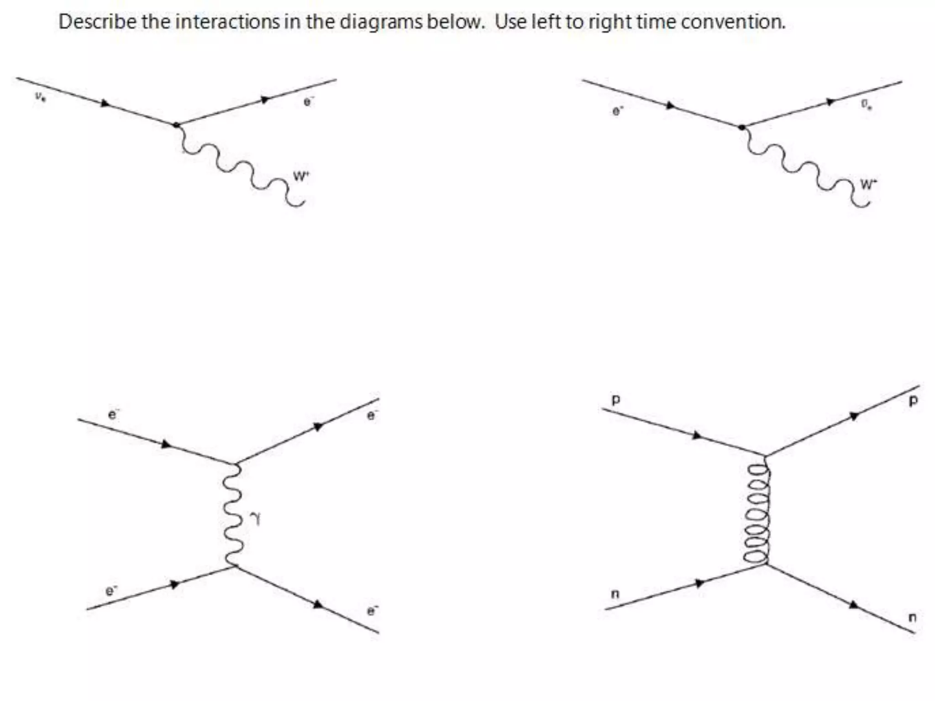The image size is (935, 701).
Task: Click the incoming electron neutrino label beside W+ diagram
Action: click(40, 97)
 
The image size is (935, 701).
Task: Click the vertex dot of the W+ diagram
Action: click(176, 125)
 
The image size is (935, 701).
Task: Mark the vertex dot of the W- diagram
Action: click(742, 127)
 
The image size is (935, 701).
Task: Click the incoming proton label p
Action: click(615, 400)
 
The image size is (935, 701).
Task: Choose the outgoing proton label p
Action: click(912, 401)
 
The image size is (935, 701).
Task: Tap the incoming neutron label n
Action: click(615, 594)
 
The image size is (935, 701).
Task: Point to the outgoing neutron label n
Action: click(912, 617)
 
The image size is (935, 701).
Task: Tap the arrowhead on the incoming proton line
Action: click(697, 435)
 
